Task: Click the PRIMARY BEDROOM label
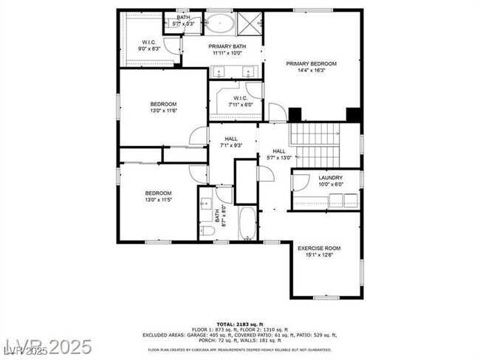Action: point(311,64)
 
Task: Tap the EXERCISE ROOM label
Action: point(319,249)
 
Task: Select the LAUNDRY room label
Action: point(330,178)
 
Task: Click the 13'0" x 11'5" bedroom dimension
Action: point(159,200)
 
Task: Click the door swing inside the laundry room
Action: point(301,182)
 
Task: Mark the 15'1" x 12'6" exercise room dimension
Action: point(319,255)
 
